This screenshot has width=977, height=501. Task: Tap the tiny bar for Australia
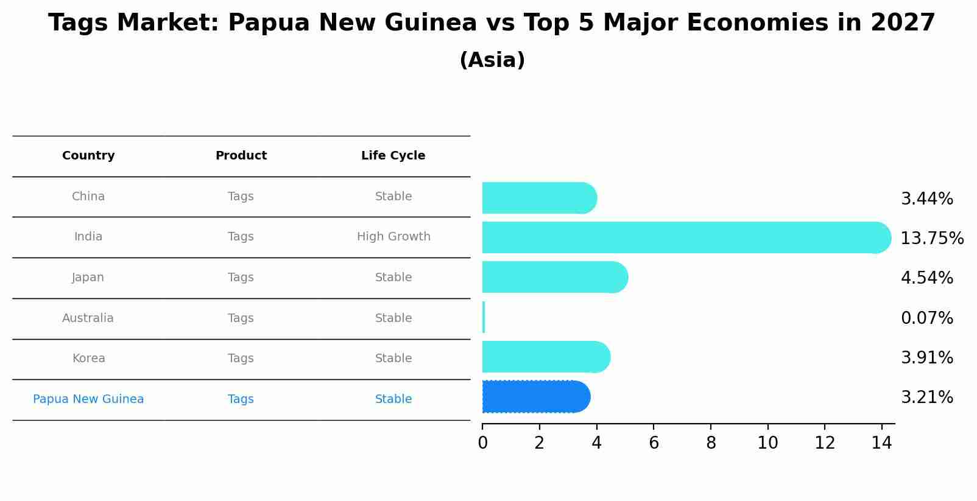pos(484,317)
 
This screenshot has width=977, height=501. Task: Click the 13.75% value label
pos(931,239)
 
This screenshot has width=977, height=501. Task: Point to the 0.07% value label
pos(926,318)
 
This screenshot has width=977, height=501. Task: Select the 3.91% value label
pos(926,358)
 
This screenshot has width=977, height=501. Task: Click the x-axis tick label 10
pos(767,443)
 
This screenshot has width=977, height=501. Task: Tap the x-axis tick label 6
pos(654,443)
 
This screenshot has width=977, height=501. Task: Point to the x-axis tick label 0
pos(482,443)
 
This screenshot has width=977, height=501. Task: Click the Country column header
pos(88,156)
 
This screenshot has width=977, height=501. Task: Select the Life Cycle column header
pos(393,156)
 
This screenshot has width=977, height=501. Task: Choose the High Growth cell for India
pos(393,237)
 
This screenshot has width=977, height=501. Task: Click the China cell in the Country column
pos(88,197)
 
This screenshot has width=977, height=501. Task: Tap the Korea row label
pos(88,359)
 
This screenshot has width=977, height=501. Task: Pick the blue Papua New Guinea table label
pos(88,399)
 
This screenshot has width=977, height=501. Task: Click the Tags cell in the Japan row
pos(241,278)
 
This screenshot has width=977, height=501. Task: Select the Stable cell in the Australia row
pos(393,318)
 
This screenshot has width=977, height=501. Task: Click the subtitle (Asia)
pos(492,60)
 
